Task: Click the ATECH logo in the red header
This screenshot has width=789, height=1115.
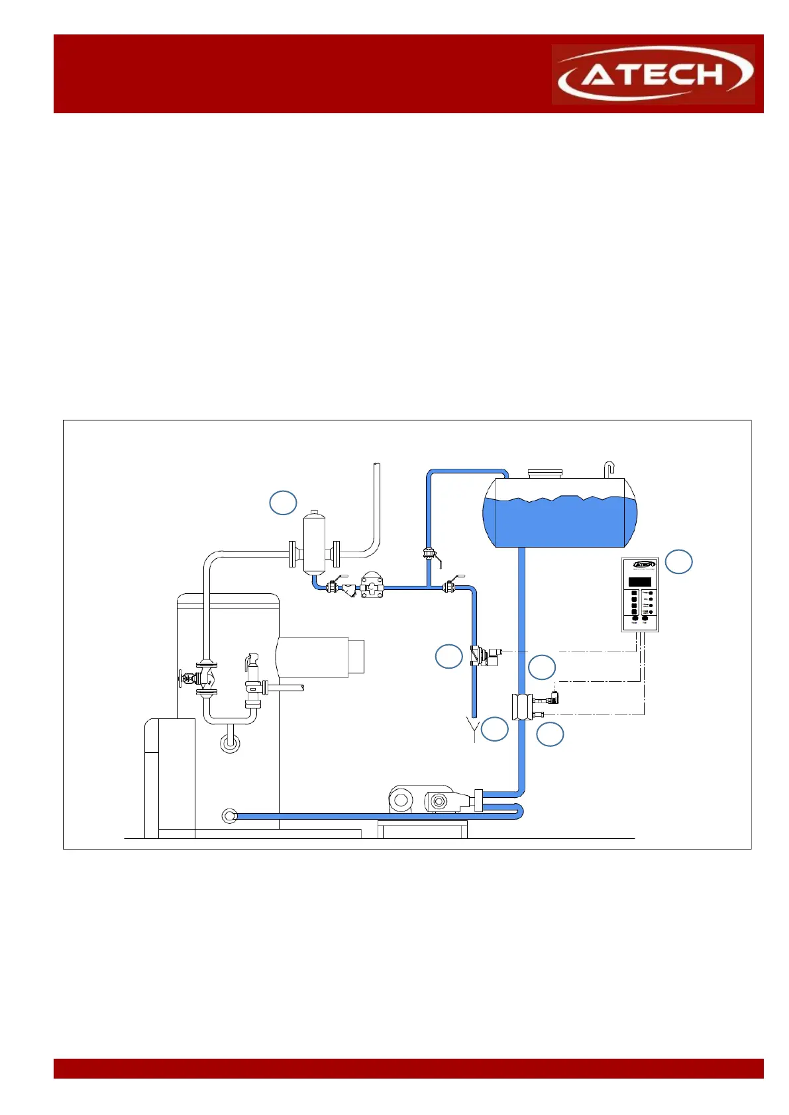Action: click(x=654, y=74)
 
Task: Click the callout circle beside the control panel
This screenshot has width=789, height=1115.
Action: click(x=678, y=561)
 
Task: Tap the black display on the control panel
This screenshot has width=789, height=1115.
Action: click(x=639, y=582)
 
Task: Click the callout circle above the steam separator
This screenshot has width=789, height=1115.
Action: click(x=283, y=503)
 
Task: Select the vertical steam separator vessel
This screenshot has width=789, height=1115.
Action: click(x=314, y=542)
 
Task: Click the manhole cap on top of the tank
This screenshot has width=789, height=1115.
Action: click(x=545, y=473)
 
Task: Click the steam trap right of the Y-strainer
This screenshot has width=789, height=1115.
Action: click(x=372, y=587)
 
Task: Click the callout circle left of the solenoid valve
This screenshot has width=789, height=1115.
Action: click(x=448, y=656)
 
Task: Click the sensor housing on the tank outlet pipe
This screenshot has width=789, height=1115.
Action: click(x=522, y=706)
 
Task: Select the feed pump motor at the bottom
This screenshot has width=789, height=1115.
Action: click(x=401, y=800)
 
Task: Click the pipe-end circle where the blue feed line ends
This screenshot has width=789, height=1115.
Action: click(x=229, y=816)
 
